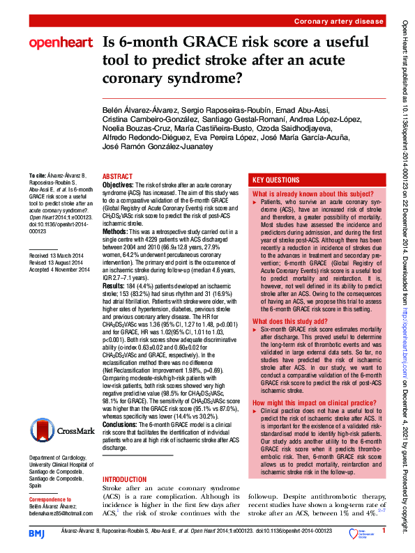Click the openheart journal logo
pyautogui.click(x=61, y=43)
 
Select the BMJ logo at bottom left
pyautogui.click(x=37, y=533)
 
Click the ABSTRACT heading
pyautogui.click(x=117, y=177)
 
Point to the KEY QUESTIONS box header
pyautogui.click(x=276, y=179)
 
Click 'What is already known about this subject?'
pyautogui.click(x=314, y=194)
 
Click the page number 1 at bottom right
pyautogui.click(x=384, y=533)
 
